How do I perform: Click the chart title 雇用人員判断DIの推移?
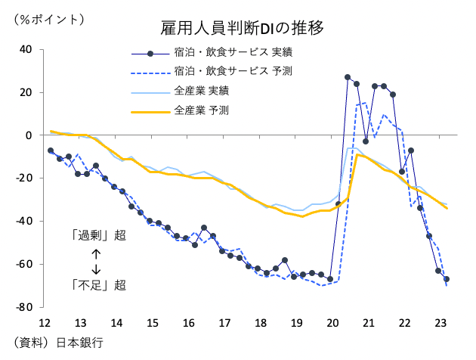tap(241, 29)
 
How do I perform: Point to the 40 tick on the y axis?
tap(26, 49)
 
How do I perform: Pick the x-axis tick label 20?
tap(332, 323)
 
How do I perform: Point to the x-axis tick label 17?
tap(224, 323)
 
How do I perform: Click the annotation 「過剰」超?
tap(97, 235)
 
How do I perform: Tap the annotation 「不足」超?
tap(97, 285)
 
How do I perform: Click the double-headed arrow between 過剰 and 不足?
tap(96, 260)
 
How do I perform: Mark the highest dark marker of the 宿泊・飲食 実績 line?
tap(348, 77)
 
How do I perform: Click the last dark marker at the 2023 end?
tap(447, 279)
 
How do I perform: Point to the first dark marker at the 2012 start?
tap(51, 151)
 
